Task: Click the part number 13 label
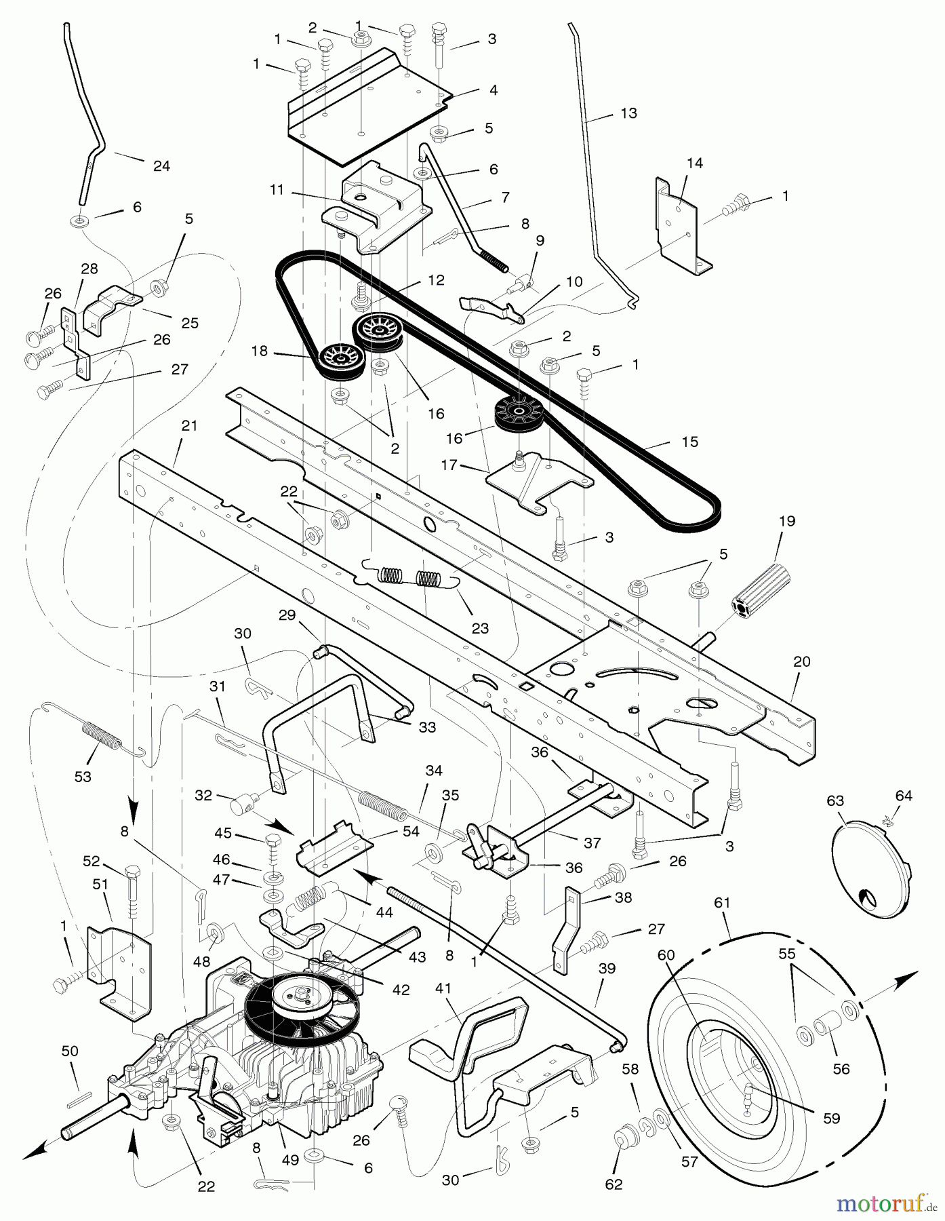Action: pyautogui.click(x=628, y=113)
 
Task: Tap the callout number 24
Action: pyautogui.click(x=161, y=166)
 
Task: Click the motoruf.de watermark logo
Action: pyautogui.click(x=887, y=1204)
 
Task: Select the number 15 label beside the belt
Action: pyautogui.click(x=689, y=442)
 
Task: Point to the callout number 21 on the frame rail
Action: pyautogui.click(x=189, y=426)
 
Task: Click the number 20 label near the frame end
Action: pyautogui.click(x=801, y=661)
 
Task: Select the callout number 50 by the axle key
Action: pyautogui.click(x=70, y=1051)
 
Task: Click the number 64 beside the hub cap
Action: pyautogui.click(x=904, y=796)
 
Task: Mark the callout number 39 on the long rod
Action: pyautogui.click(x=607, y=969)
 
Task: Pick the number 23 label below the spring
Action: pyautogui.click(x=480, y=628)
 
